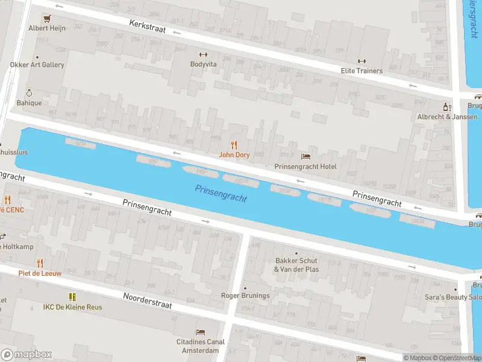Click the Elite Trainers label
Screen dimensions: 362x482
(x=361, y=71)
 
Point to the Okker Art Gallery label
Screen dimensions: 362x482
(x=37, y=65)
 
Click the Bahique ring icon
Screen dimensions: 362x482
(x=29, y=93)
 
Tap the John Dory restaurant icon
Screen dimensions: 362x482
(x=234, y=145)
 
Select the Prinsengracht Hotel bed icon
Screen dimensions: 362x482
(x=305, y=157)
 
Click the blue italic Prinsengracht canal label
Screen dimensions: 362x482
(x=221, y=193)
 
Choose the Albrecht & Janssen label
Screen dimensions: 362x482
(x=448, y=116)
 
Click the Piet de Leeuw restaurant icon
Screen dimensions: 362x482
(x=40, y=263)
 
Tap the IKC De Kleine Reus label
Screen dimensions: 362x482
(x=72, y=307)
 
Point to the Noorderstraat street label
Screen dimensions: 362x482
(x=148, y=300)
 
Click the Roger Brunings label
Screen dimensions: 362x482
(x=245, y=296)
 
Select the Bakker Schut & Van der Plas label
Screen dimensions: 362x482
(x=296, y=265)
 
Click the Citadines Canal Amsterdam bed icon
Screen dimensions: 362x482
(x=200, y=332)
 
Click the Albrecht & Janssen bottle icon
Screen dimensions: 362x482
(x=446, y=107)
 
